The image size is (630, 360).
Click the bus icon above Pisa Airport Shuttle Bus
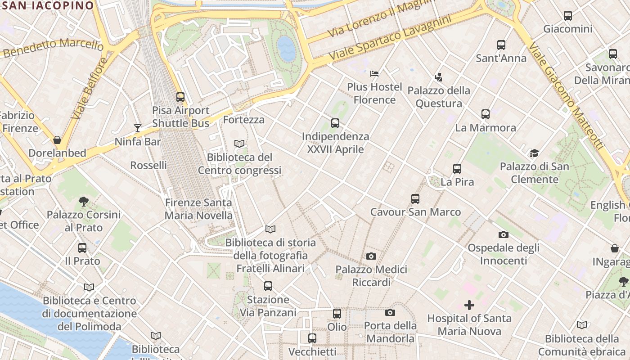pos(180,97)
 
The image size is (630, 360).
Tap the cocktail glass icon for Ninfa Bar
pos(138,128)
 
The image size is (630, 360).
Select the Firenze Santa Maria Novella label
pos(198,209)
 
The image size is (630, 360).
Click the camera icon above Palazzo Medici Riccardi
pos(371,256)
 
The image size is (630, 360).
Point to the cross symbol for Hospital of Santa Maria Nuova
pos(469,305)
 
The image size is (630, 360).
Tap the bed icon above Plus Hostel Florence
pos(374,73)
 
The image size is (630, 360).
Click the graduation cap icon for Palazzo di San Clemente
pos(534,153)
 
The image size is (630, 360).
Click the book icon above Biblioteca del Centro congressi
pos(239,144)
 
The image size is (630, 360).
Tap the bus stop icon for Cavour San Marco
pos(415,198)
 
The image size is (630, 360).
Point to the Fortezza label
pos(243,120)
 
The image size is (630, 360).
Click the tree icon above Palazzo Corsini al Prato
pos(83,201)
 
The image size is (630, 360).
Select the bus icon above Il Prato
pos(82,247)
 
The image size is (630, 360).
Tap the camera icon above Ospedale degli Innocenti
pos(503,234)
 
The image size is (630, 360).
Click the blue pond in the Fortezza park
pos(286,49)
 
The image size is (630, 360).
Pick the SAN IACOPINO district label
pos(47,5)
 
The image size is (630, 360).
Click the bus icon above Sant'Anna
pos(501,45)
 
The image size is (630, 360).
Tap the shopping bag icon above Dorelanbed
pos(57,139)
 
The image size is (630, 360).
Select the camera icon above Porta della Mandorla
pos(390,312)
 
